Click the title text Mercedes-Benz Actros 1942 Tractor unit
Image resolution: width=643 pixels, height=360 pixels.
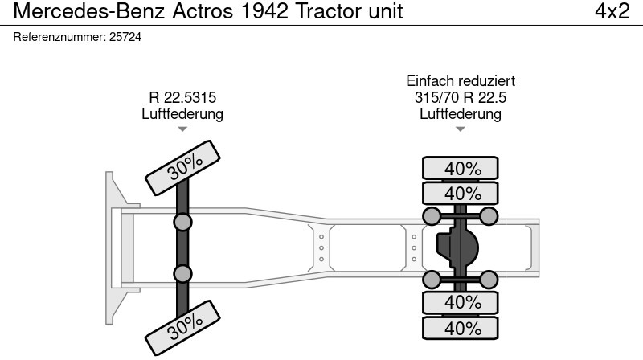pos(208,12)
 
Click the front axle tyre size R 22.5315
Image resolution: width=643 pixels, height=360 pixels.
pos(182,98)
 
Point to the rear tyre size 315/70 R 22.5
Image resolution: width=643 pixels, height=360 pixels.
pos(461,98)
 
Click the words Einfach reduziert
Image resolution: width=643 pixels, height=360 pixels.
pos(461,81)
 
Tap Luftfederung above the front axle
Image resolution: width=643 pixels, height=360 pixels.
pos(182,114)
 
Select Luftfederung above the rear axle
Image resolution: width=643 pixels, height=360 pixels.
pos(461,114)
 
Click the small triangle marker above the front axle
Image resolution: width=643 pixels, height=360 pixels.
pos(182,129)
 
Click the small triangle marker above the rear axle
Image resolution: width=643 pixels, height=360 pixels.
pos(461,129)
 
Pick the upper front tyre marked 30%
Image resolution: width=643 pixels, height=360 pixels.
pos(184,166)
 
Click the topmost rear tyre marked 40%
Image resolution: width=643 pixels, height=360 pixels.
pos(461,168)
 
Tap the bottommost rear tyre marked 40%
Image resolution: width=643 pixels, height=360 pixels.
pos(461,328)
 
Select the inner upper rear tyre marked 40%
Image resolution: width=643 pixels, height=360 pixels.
pos(461,193)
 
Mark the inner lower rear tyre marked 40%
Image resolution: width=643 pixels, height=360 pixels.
pos(461,302)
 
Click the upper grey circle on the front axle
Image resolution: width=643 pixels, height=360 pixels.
pos(183,222)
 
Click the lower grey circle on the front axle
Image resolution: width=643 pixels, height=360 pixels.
pos(183,274)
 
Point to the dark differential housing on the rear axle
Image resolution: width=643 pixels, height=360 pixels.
pos(457,247)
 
